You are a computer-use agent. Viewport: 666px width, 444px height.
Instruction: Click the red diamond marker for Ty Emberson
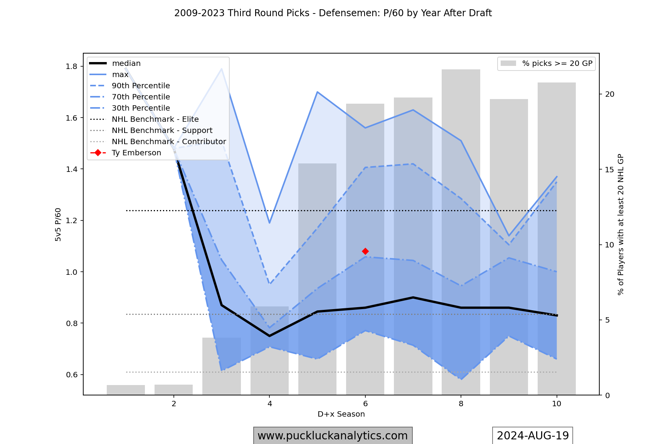(365, 251)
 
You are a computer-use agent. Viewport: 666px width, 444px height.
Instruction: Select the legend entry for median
(126, 64)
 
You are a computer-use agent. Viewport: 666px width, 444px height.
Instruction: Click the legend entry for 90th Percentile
(141, 86)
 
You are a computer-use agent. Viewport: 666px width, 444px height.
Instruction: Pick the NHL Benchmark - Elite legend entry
(155, 119)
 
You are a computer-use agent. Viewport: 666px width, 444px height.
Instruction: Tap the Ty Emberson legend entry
(136, 153)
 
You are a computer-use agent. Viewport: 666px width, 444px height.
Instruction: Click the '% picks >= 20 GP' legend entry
(557, 64)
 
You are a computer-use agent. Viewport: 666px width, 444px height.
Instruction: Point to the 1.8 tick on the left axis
(71, 67)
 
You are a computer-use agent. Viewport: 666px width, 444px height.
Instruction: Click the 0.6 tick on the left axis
(71, 375)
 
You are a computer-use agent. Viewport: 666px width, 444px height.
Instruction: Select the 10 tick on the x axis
(557, 404)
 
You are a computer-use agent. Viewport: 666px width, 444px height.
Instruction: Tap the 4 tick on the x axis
(269, 404)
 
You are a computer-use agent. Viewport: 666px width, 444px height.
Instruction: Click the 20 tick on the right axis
(610, 94)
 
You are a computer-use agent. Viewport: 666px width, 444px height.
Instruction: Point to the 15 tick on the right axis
(610, 170)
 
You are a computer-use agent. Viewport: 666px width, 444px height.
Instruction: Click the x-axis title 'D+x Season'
(341, 414)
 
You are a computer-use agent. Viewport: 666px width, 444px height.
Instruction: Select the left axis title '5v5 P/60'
(58, 225)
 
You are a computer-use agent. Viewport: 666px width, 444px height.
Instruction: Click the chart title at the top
(333, 13)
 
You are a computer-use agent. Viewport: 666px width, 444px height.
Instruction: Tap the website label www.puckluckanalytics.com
(333, 436)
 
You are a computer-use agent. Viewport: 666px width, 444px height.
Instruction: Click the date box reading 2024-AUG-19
(533, 436)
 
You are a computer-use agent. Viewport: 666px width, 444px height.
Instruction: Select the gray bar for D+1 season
(126, 390)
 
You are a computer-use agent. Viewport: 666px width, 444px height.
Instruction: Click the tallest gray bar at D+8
(461, 231)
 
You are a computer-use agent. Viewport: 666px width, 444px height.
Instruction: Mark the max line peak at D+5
(317, 92)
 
